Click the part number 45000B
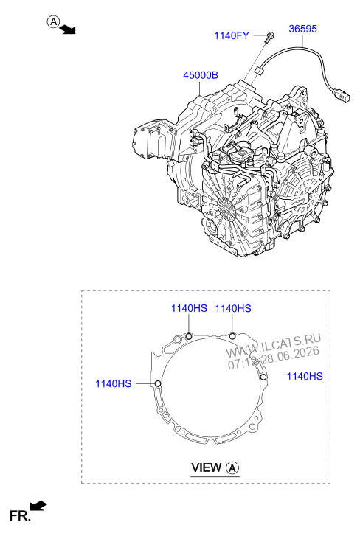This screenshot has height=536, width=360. click(201, 75)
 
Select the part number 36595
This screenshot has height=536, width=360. click(302, 29)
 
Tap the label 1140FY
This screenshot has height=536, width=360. click(232, 35)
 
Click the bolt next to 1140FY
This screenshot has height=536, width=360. click(269, 37)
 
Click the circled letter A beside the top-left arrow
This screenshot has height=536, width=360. click(53, 22)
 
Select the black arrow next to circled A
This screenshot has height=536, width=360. click(67, 30)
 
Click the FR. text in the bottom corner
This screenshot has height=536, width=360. click(20, 515)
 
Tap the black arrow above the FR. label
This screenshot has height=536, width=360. click(38, 506)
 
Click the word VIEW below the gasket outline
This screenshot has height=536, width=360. click(206, 467)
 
